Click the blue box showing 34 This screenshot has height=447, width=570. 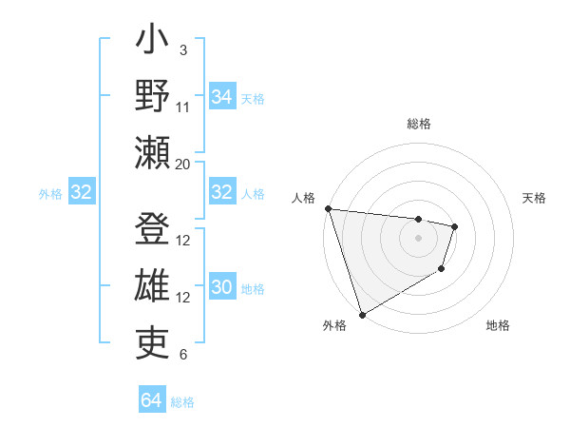pos(221,96)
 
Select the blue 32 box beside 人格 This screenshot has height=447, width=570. pos(221,192)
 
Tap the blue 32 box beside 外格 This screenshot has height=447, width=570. pos(81,192)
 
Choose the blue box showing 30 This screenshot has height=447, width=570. pos(221,287)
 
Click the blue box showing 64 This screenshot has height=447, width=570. pos(151,400)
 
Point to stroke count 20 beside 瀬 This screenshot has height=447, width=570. pos(183,164)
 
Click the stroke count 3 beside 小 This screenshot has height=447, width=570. pos(183,49)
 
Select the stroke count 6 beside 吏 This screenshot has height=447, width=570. pos(183,355)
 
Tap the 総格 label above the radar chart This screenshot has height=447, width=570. pos(418,124)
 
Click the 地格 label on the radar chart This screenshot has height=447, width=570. pos(498,325)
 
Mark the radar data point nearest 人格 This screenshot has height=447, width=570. pos(328,208)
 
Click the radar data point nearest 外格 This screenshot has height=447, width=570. pos(362,315)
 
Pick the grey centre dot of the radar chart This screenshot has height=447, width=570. pos(418,238)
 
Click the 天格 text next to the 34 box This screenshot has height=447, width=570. pos(252,99)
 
